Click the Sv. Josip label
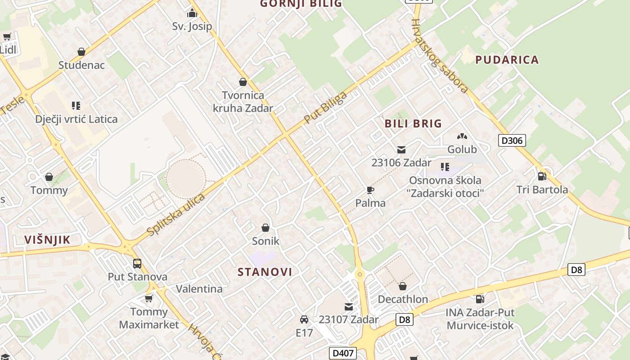click(192, 26)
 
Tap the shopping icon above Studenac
click(81, 52)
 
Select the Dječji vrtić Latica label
click(76, 119)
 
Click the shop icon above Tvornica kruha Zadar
click(243, 82)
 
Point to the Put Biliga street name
click(325, 108)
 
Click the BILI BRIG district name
click(413, 123)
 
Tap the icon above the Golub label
click(462, 136)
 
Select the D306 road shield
click(512, 140)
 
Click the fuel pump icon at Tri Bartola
click(542, 176)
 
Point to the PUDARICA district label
click(507, 60)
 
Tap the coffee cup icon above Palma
click(370, 190)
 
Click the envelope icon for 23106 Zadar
click(401, 150)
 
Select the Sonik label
click(265, 241)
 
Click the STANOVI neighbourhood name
click(265, 272)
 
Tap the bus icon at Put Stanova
click(137, 264)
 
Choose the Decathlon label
click(403, 299)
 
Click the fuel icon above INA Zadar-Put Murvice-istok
click(480, 299)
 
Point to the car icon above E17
click(304, 319)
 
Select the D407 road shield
click(342, 353)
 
